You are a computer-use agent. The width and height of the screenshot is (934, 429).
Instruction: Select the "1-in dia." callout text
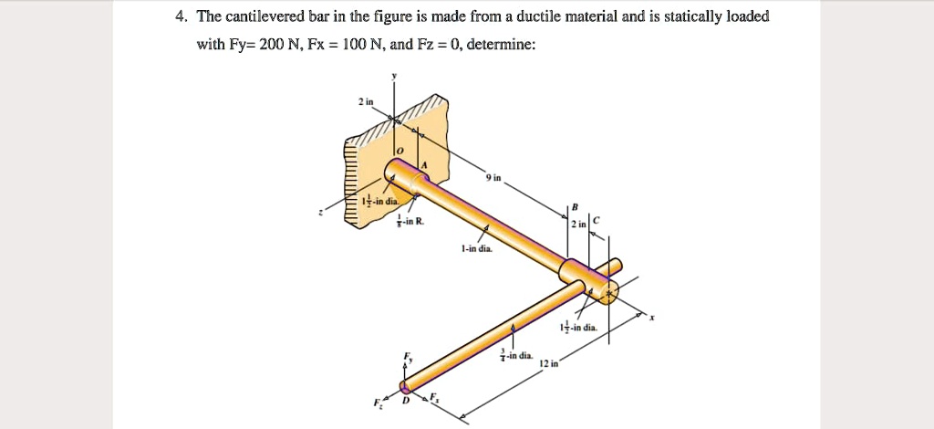[x=477, y=248]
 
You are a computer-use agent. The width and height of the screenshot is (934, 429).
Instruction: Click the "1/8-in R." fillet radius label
[x=408, y=222]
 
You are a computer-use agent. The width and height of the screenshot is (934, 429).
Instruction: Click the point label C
[x=596, y=220]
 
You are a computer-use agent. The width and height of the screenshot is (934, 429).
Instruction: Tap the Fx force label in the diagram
[x=434, y=396]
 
